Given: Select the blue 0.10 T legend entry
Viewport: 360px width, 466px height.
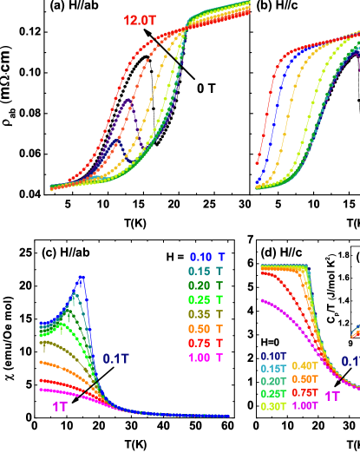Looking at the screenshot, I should [x=207, y=258].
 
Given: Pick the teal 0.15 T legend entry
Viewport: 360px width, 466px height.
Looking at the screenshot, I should [x=207, y=272].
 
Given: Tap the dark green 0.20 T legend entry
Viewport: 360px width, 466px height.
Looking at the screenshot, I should [x=207, y=286].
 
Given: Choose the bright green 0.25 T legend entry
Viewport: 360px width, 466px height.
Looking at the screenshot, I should [x=207, y=300].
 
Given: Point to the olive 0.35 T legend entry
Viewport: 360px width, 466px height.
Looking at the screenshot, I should [x=207, y=314].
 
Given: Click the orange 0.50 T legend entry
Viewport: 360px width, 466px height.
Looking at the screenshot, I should [x=207, y=329].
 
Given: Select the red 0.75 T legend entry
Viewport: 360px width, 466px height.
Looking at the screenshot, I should [x=207, y=343].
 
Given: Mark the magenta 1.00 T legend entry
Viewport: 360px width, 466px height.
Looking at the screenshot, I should [x=207, y=358].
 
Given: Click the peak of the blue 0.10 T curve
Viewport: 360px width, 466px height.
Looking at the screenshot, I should [x=82, y=278].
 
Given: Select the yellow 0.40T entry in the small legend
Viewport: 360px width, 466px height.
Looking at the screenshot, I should [x=304, y=365].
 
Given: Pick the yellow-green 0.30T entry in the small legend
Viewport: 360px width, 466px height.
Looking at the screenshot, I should [x=274, y=406].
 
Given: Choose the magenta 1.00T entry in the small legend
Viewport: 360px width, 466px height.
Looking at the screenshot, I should [x=304, y=406].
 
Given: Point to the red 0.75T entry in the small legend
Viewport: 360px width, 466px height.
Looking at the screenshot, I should [x=304, y=393].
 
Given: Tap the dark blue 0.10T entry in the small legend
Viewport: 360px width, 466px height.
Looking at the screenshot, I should [x=274, y=355].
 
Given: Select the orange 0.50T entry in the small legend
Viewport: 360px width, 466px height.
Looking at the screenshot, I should [x=304, y=380].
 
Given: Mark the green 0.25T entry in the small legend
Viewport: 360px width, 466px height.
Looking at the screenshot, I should [x=274, y=393].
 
